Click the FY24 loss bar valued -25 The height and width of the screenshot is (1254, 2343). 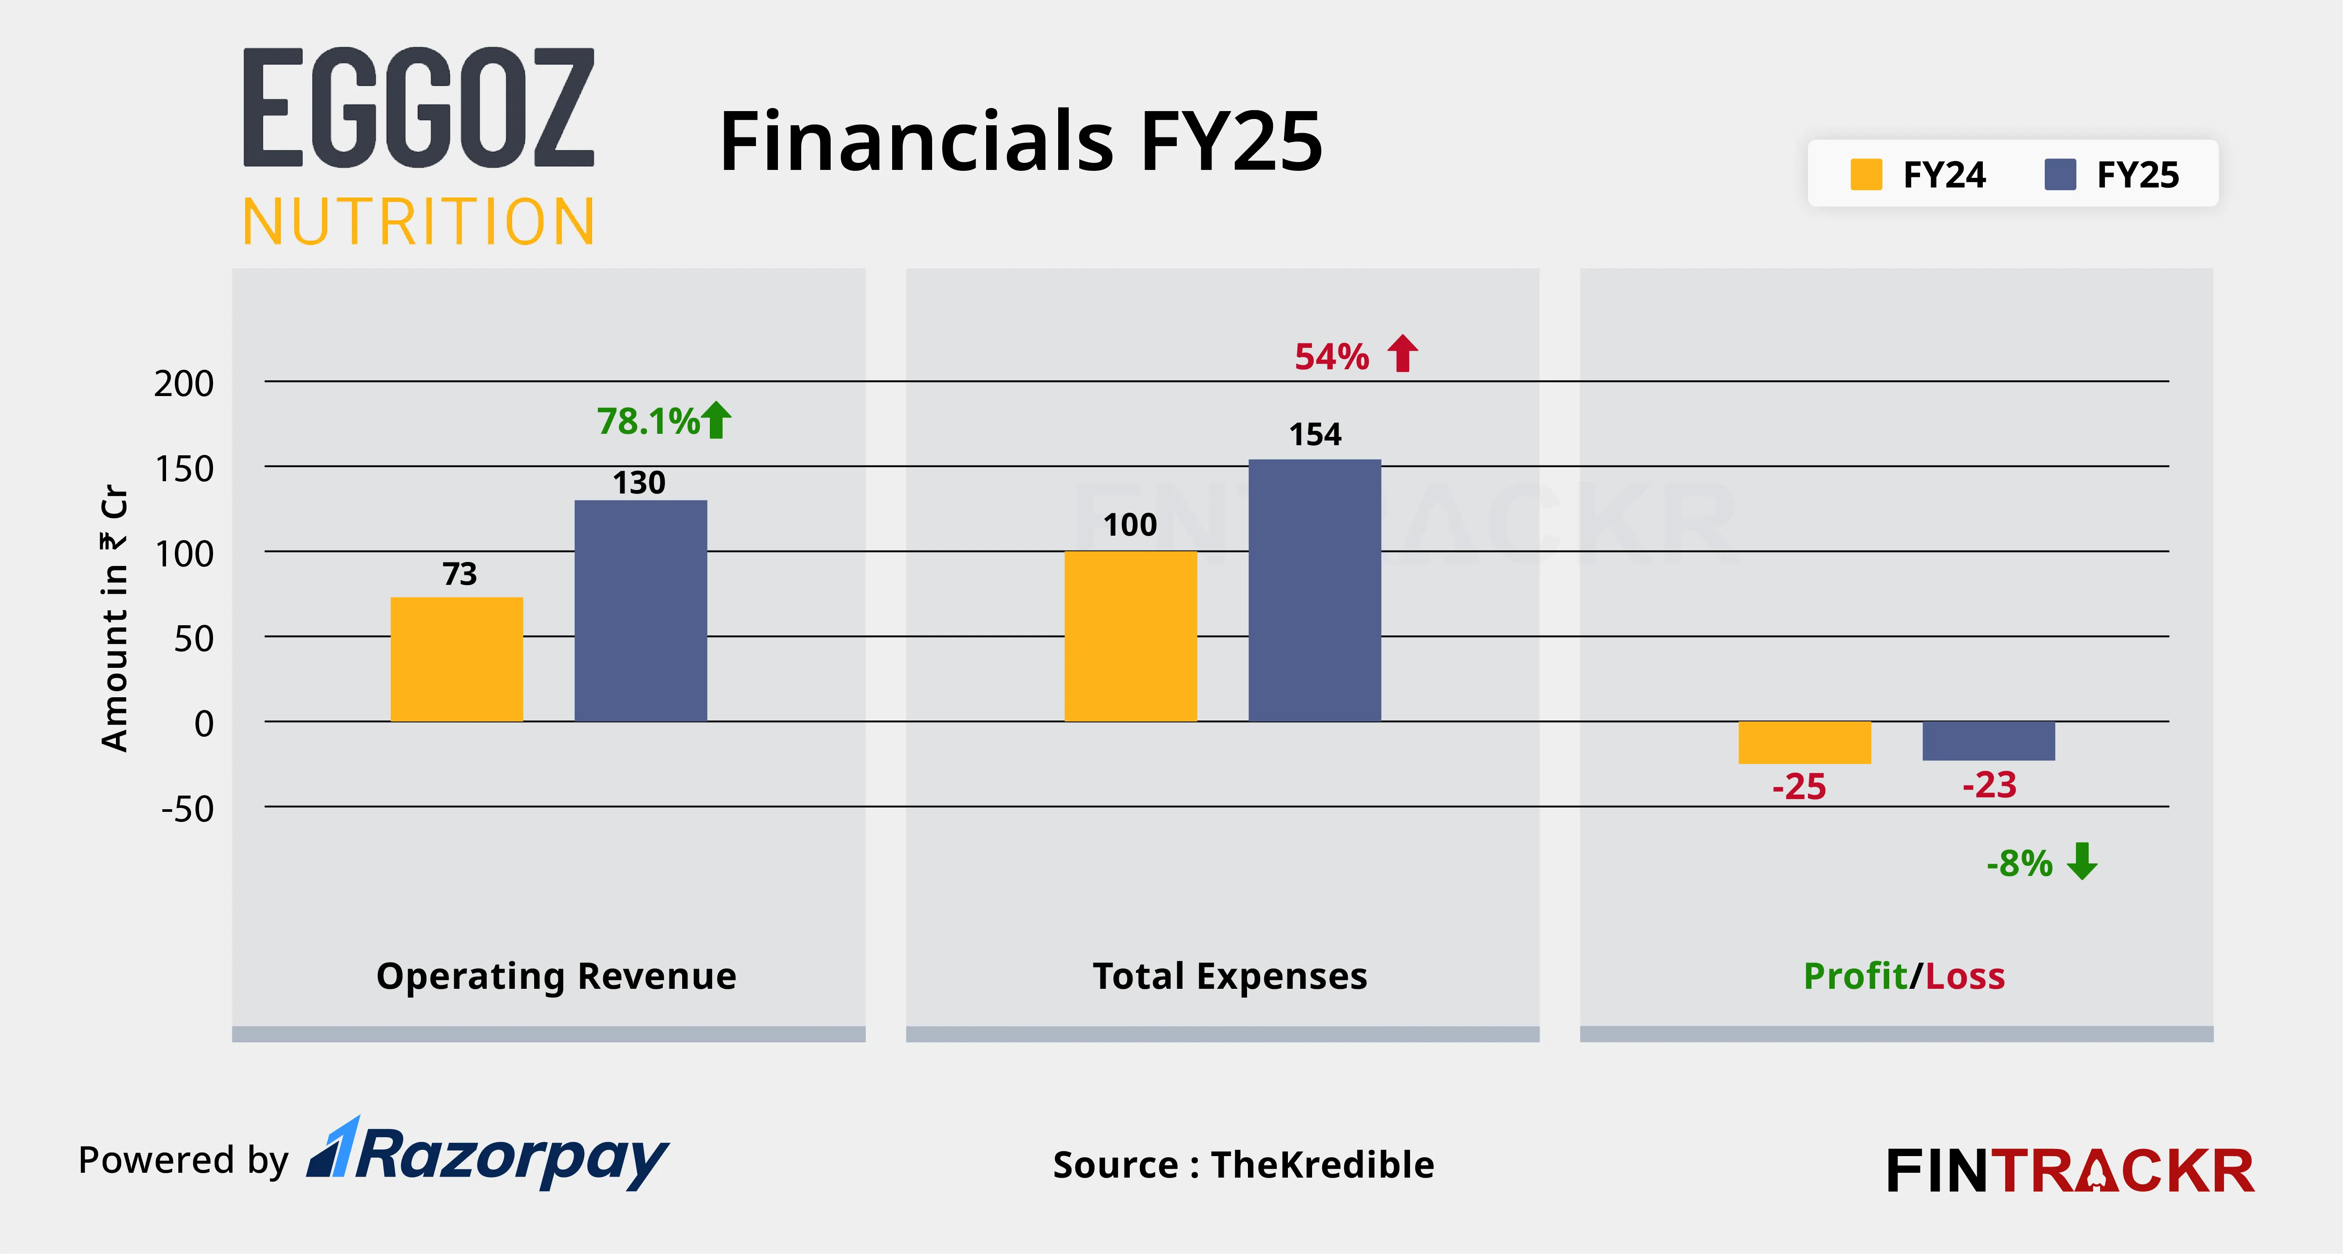(x=1804, y=742)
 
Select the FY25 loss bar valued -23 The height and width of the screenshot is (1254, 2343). (x=1988, y=740)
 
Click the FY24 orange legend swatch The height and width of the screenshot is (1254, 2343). (x=1866, y=175)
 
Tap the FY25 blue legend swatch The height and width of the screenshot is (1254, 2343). (x=2060, y=175)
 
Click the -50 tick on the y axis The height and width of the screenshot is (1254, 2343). (x=188, y=808)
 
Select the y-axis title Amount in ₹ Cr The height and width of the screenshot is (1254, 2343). (x=115, y=618)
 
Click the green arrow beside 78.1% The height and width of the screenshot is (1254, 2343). (x=717, y=420)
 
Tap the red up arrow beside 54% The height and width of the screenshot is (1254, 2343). (x=1403, y=354)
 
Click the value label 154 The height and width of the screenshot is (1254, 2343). (x=1315, y=435)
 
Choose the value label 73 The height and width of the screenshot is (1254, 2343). (x=459, y=574)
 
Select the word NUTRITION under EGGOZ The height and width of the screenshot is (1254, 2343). (x=418, y=222)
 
